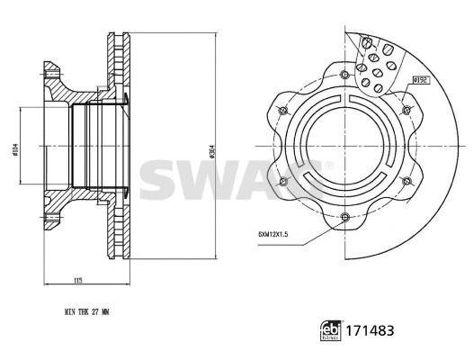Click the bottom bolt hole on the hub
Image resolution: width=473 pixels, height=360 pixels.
[x=345, y=215]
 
